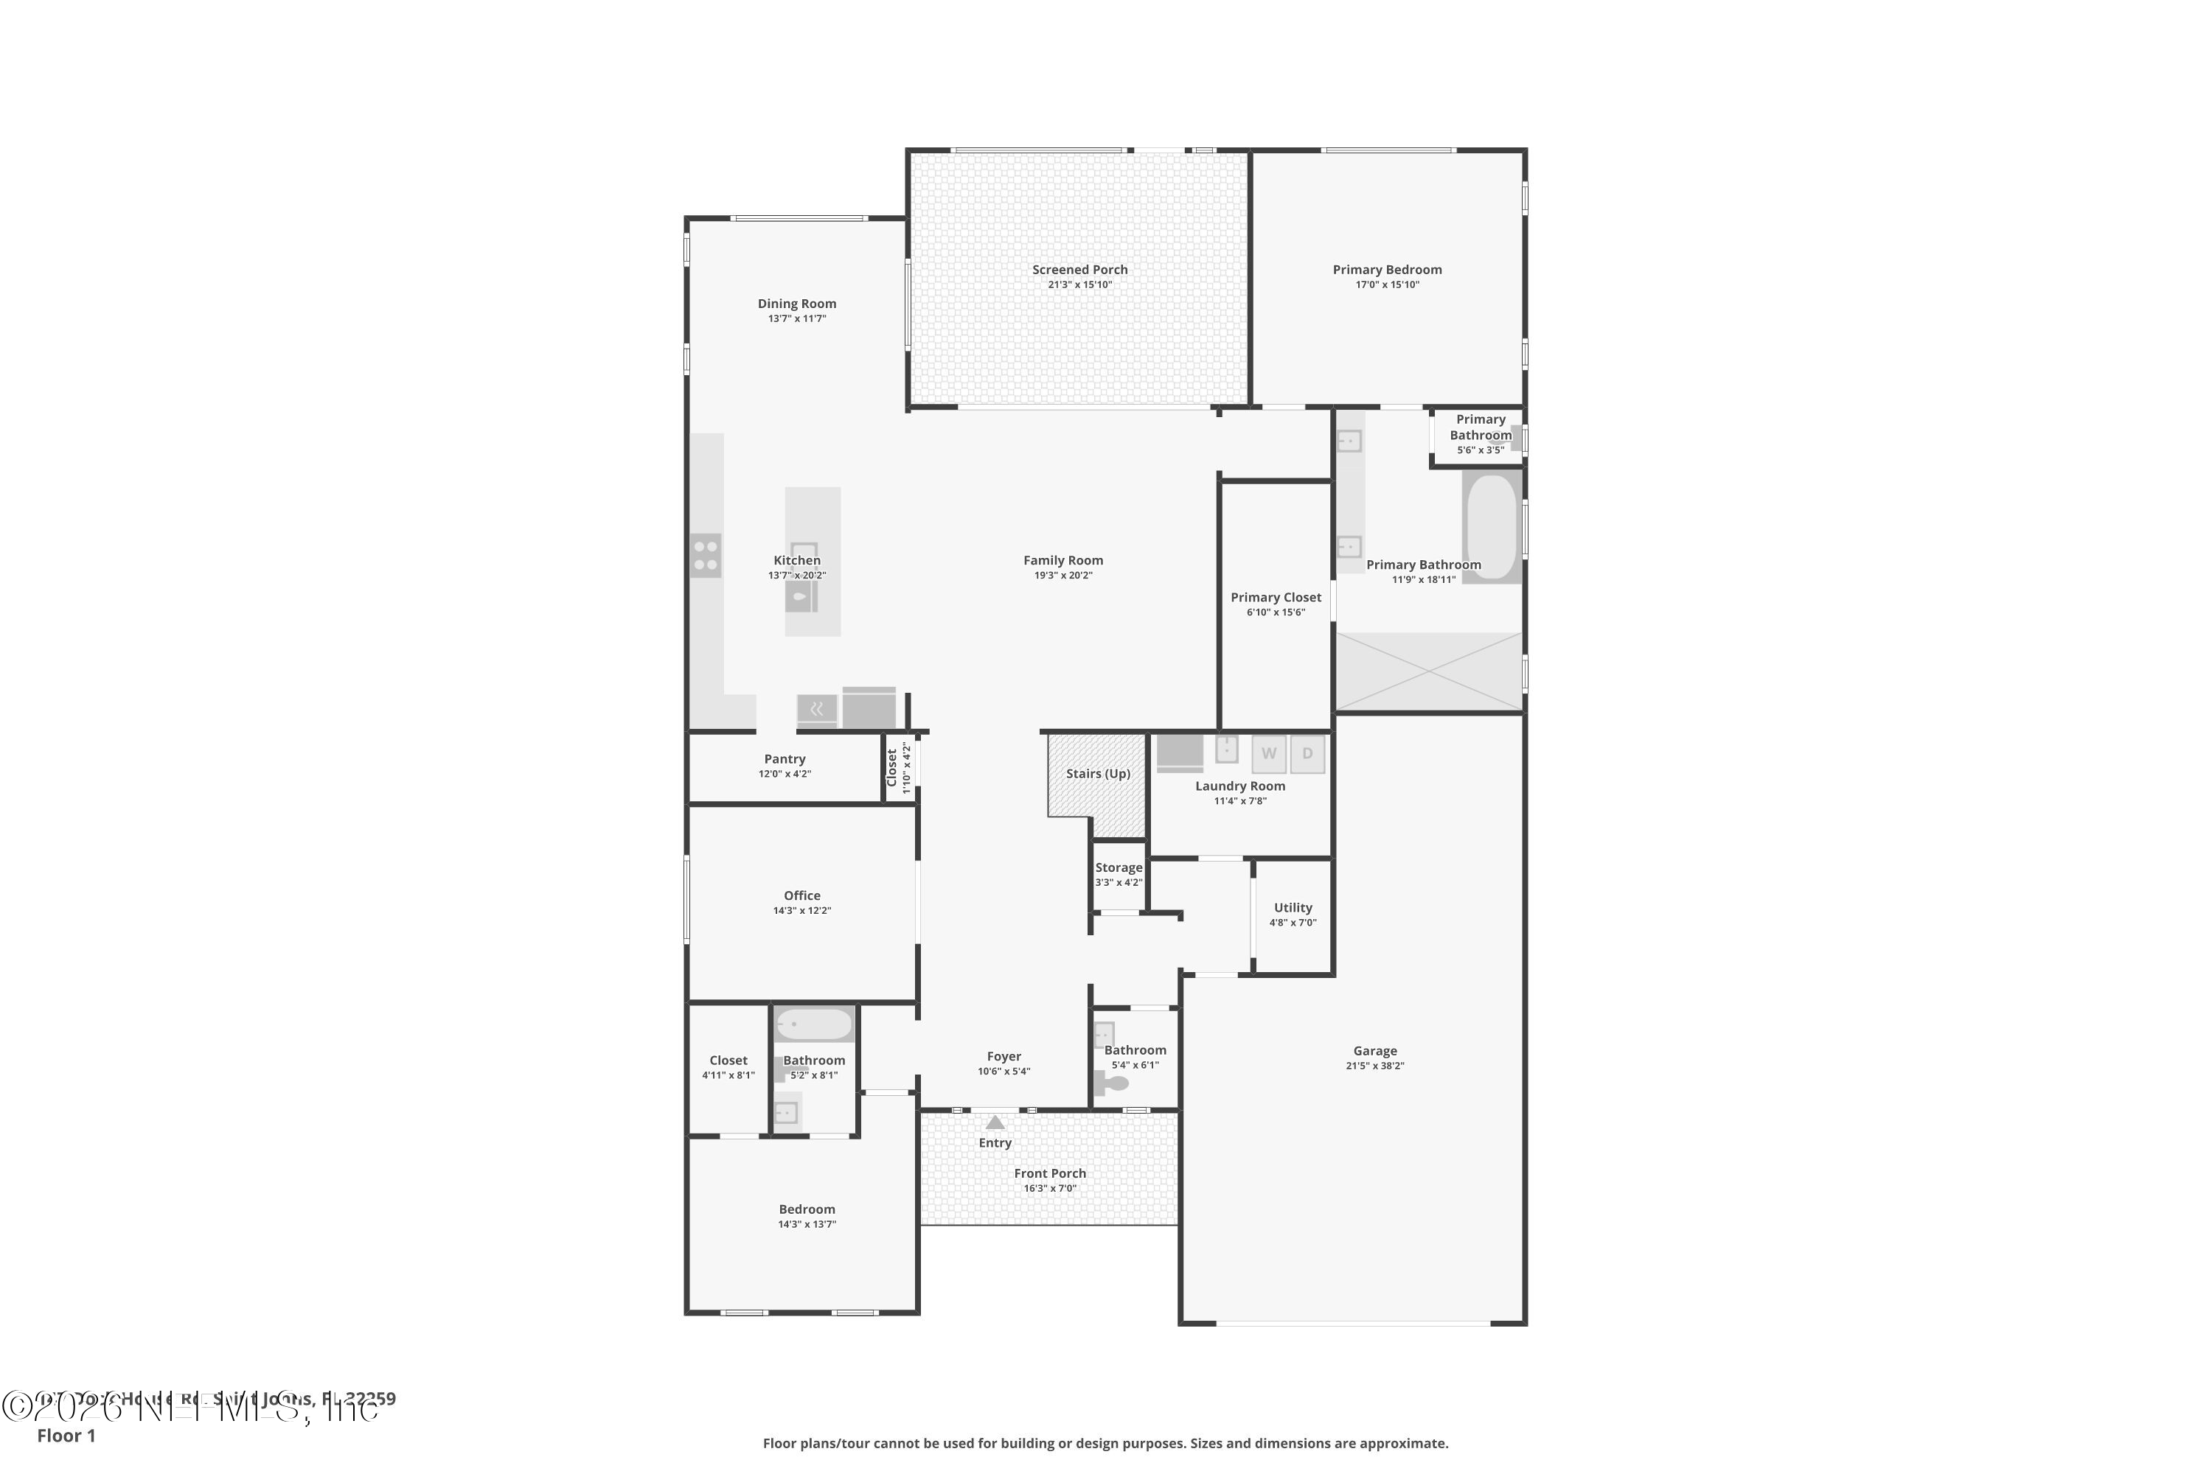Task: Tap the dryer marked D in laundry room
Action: point(1307,753)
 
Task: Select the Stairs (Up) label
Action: point(1098,774)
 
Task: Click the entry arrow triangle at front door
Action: point(995,1122)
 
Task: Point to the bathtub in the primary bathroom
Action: point(1492,526)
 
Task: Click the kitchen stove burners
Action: point(706,555)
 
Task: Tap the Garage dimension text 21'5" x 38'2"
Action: point(1374,1065)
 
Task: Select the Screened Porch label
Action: point(1079,270)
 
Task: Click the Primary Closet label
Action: point(1276,597)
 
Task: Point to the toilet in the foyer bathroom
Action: point(1113,1083)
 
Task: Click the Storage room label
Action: point(1119,867)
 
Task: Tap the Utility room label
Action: point(1293,907)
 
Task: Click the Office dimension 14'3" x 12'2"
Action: point(801,910)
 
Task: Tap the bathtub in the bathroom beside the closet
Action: point(813,1024)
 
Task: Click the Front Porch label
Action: point(1049,1173)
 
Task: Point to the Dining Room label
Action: point(796,304)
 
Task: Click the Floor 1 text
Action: point(66,1436)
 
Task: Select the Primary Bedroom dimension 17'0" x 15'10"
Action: point(1386,284)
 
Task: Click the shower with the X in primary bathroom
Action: point(1429,671)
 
